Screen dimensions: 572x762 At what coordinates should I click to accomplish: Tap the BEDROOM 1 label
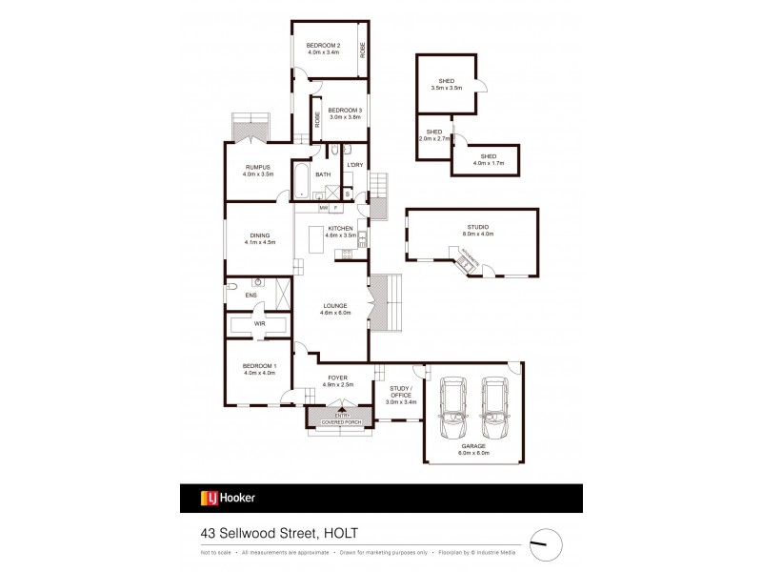(258, 368)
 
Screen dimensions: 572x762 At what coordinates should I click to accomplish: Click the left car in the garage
(452, 406)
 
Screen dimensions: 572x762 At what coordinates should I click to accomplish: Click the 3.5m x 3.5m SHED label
(447, 84)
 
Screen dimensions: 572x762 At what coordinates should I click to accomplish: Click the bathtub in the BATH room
(302, 181)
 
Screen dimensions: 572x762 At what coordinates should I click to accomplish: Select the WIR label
(258, 323)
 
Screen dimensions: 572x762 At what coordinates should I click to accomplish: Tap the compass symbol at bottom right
(545, 543)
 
